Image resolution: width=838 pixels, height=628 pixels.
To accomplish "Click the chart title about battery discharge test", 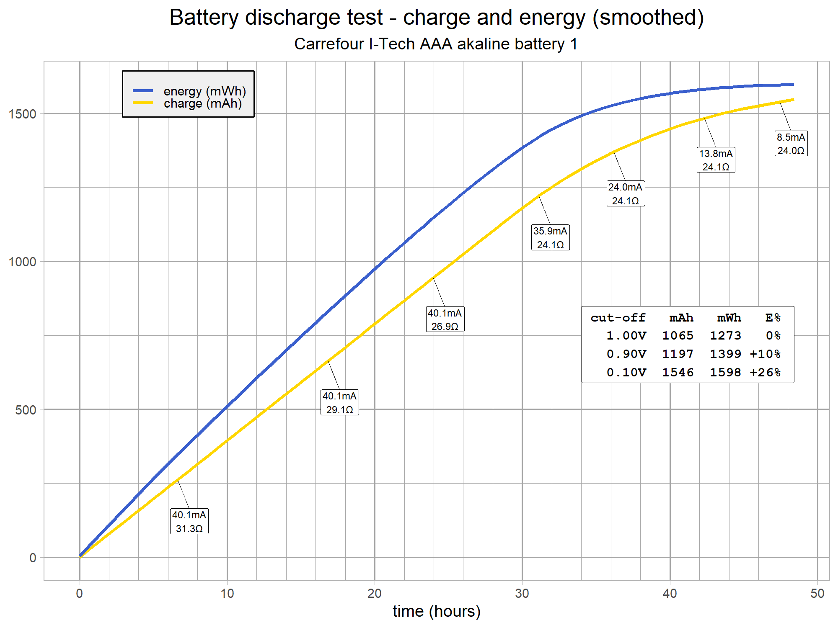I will [436, 18].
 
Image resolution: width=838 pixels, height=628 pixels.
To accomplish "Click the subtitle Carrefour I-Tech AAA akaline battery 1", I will [436, 44].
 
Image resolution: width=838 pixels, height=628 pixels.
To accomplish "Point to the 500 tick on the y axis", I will [26, 410].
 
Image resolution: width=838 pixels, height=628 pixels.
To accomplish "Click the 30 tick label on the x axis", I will [522, 593].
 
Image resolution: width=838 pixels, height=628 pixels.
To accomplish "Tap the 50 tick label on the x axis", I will [817, 593].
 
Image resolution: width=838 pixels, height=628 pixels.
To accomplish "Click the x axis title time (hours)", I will [436, 611].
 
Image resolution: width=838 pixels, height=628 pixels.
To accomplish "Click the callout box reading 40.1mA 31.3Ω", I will [189, 521].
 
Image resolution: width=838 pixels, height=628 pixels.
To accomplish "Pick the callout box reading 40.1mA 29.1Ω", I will [339, 402].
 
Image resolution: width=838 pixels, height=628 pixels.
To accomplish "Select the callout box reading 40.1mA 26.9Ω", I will [445, 319].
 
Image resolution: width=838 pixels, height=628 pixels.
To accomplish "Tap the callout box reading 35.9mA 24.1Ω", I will [550, 237].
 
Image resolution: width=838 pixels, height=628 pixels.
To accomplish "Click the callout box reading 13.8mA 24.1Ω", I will [716, 160].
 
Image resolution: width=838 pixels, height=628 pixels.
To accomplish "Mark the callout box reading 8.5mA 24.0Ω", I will [791, 144].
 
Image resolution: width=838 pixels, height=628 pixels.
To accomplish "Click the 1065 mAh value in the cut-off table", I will [678, 336].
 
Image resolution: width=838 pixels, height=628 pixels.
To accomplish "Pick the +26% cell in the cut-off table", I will [765, 373].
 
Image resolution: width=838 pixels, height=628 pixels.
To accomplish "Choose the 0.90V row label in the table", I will [626, 354].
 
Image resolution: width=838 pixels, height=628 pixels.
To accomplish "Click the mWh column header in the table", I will [729, 318].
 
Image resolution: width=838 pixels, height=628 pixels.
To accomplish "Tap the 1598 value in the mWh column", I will [725, 373].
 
